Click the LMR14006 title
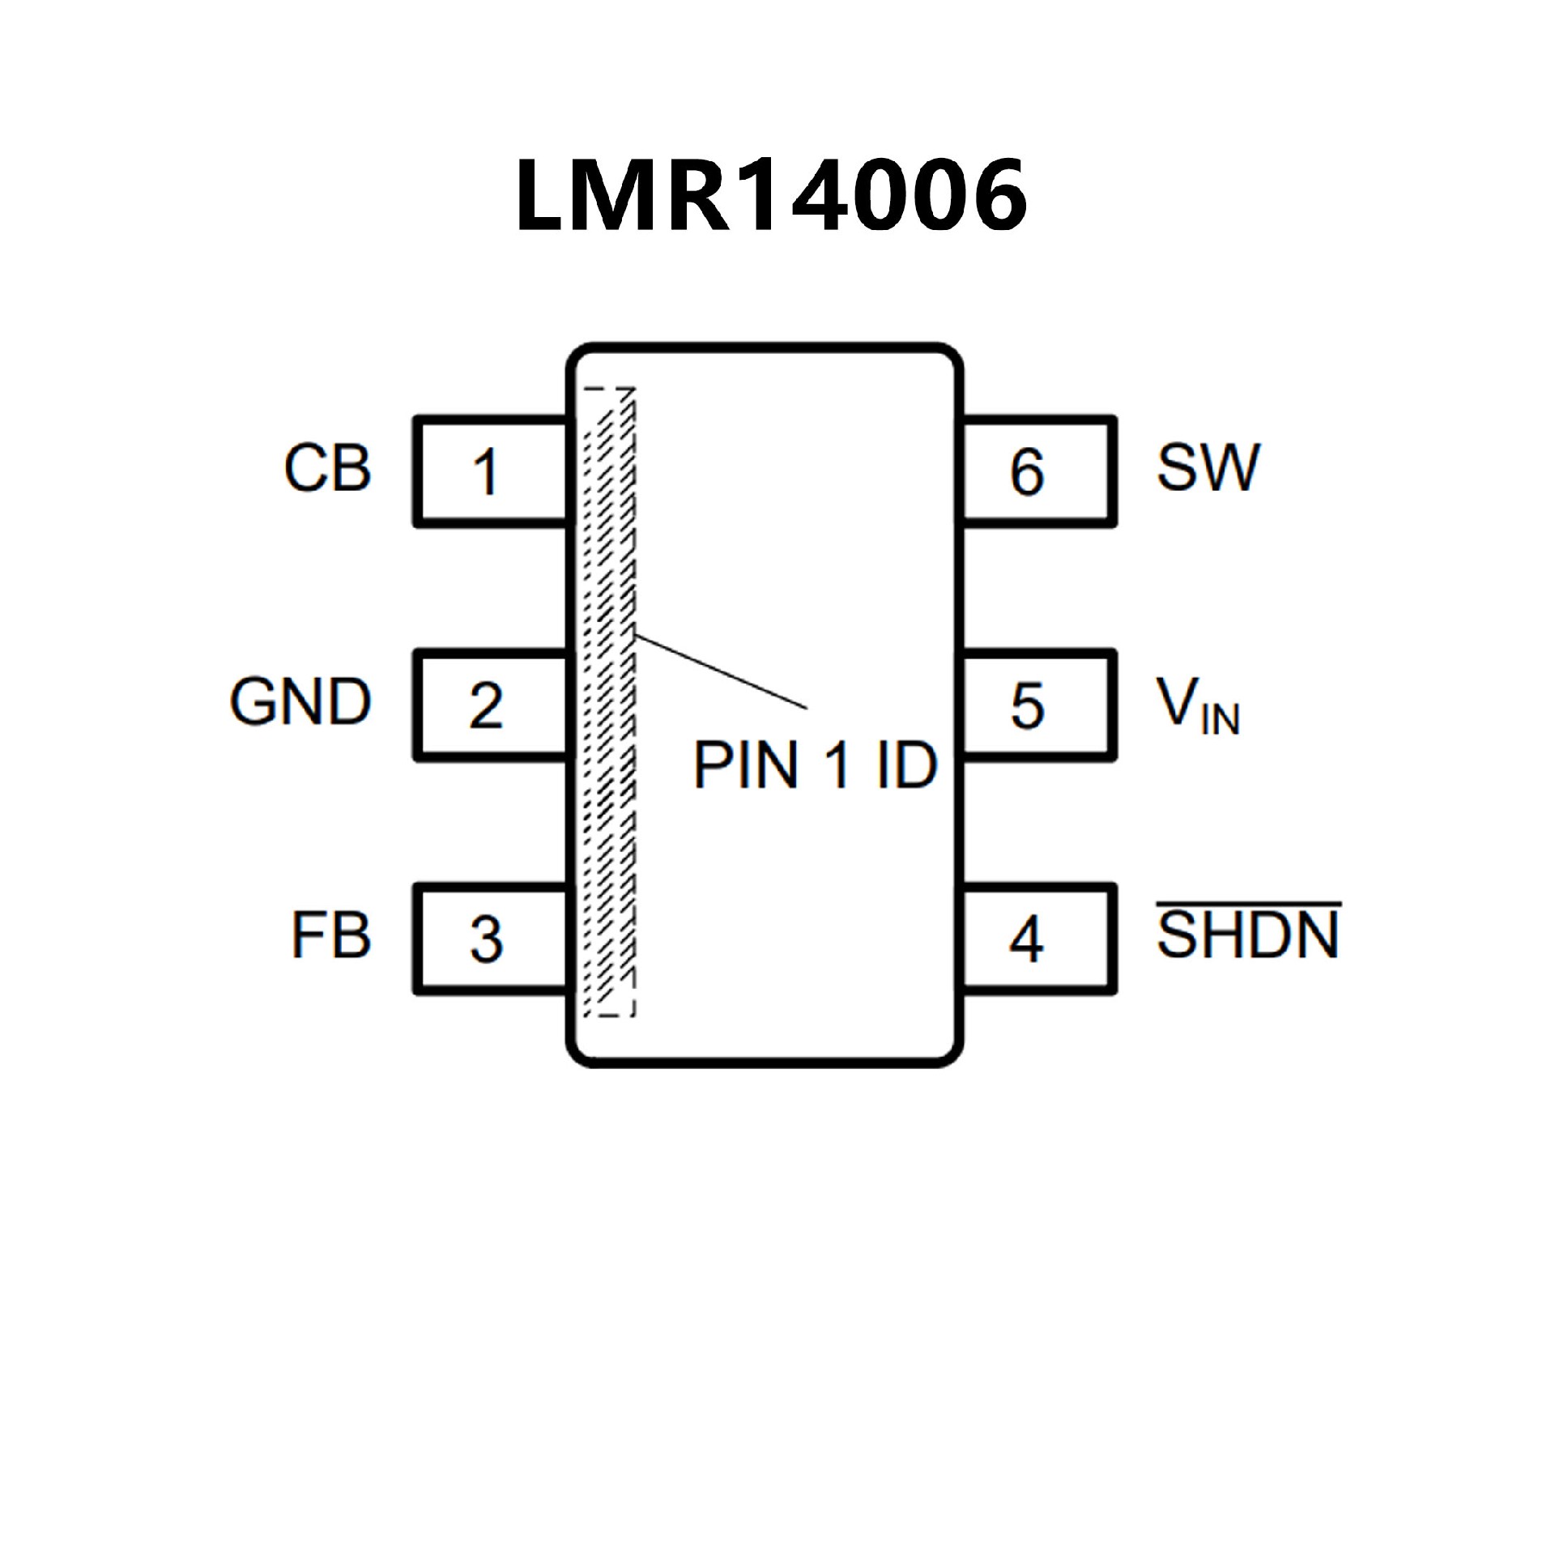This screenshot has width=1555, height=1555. [x=771, y=195]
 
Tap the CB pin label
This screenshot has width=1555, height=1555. [x=327, y=468]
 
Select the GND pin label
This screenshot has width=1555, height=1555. [x=300, y=701]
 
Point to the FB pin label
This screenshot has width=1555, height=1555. [x=330, y=936]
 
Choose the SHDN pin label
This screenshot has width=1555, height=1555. [x=1248, y=936]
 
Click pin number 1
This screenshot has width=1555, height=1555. [x=486, y=472]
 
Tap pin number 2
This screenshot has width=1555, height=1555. [x=486, y=705]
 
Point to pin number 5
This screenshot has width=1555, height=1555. [x=1027, y=705]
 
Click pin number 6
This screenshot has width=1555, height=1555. [x=1027, y=472]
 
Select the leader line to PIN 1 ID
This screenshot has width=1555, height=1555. [x=721, y=672]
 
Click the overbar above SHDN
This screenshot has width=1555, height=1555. [x=1248, y=902]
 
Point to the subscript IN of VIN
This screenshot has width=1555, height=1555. [x=1221, y=719]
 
